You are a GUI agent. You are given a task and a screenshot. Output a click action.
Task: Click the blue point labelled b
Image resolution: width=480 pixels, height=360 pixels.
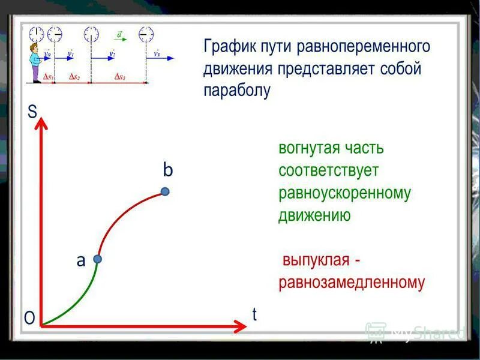[165, 191]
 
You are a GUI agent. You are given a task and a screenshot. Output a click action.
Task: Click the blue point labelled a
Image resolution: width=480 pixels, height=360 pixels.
[98, 259]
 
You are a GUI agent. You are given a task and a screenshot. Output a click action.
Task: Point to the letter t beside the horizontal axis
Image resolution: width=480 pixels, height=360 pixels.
[254, 314]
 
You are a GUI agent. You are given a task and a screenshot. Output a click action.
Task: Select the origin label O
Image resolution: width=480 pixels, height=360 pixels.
[29, 318]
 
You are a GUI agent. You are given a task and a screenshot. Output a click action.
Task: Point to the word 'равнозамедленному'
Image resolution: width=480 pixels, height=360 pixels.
[352, 283]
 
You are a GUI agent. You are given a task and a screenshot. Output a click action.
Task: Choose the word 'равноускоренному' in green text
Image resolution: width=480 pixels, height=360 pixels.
[344, 193]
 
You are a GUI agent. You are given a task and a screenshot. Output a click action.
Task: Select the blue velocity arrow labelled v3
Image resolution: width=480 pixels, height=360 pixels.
[163, 58]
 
